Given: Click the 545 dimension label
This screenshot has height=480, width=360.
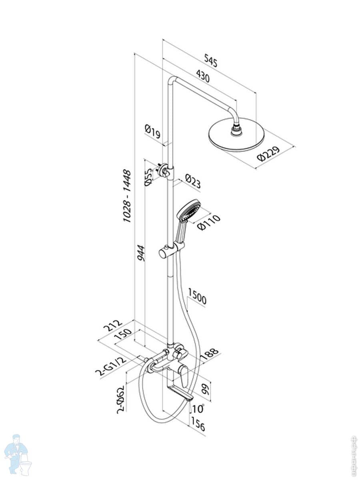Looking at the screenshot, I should (210, 60).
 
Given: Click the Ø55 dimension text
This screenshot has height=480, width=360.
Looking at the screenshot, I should (148, 177).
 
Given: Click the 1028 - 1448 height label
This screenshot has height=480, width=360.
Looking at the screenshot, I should (127, 196).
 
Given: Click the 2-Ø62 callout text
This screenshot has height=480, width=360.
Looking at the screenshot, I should (119, 398).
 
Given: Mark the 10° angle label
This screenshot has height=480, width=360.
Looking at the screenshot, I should (198, 409).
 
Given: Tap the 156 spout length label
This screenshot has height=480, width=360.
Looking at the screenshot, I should (198, 424).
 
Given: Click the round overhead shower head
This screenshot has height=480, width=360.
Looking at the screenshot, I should (236, 138).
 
